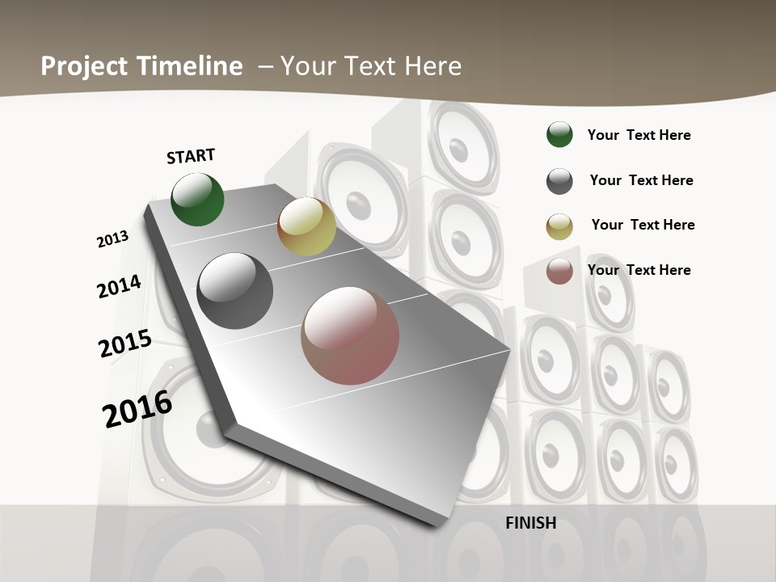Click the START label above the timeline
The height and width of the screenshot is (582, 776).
(191, 156)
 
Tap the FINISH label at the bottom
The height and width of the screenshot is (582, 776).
(531, 523)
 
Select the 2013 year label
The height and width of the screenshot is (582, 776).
(112, 239)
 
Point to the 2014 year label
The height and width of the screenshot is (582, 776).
(119, 287)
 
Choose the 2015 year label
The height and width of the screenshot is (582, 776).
(125, 344)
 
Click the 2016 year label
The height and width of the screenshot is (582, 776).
(137, 409)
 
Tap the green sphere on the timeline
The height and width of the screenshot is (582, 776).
(197, 199)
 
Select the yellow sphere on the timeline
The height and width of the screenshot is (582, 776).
(306, 226)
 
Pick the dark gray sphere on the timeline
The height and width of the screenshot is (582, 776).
(234, 291)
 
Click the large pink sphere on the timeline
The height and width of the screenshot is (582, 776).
(350, 335)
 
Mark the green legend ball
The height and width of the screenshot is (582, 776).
(559, 135)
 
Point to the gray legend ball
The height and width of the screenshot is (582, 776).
(559, 181)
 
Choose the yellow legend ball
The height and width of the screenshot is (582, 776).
(559, 226)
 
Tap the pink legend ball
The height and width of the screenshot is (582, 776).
(559, 271)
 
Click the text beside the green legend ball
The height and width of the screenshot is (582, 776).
(639, 136)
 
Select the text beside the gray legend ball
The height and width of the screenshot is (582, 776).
(641, 180)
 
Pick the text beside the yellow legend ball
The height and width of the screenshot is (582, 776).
(643, 225)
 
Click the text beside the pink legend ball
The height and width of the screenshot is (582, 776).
(639, 270)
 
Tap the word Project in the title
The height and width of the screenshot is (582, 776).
(83, 67)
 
